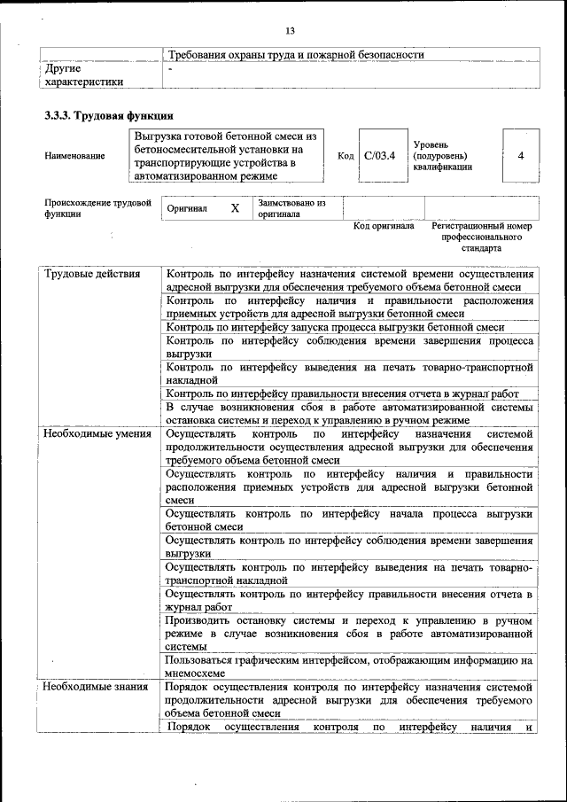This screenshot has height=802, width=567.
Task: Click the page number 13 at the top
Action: click(290, 31)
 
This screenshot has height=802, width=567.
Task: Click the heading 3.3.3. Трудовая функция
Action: click(108, 116)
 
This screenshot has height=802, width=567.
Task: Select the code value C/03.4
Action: click(379, 156)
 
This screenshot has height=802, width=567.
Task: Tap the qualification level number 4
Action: click(521, 156)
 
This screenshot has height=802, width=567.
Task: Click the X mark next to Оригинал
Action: click(235, 209)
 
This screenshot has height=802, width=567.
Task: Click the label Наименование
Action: click(74, 156)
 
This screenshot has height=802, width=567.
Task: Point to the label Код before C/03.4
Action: click(346, 156)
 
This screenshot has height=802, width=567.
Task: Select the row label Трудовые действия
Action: click(92, 274)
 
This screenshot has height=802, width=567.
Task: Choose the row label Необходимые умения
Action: click(97, 434)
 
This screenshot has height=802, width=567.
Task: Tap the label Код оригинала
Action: click(384, 227)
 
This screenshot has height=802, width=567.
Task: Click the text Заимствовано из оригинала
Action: click(291, 209)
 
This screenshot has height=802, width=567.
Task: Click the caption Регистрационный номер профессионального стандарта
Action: click(481, 237)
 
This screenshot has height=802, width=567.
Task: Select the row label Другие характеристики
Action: click(84, 74)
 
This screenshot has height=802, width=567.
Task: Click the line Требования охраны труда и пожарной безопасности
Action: click(296, 55)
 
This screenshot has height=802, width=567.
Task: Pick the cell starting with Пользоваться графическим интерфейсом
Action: click(349, 666)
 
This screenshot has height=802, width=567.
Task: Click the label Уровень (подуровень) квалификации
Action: click(443, 155)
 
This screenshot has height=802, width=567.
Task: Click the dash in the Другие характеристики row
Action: click(171, 68)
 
